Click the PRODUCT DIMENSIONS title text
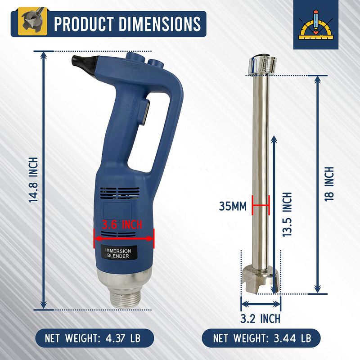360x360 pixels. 127,24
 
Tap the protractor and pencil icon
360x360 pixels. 316,25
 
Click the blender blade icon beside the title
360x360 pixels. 32,21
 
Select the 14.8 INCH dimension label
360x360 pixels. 33,180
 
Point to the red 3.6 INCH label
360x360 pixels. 122,224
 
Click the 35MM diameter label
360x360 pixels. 232,206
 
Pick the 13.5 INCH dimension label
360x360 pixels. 287,215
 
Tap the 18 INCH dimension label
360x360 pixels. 329,184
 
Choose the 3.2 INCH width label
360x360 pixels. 261,319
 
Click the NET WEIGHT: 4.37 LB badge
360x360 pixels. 94,338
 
